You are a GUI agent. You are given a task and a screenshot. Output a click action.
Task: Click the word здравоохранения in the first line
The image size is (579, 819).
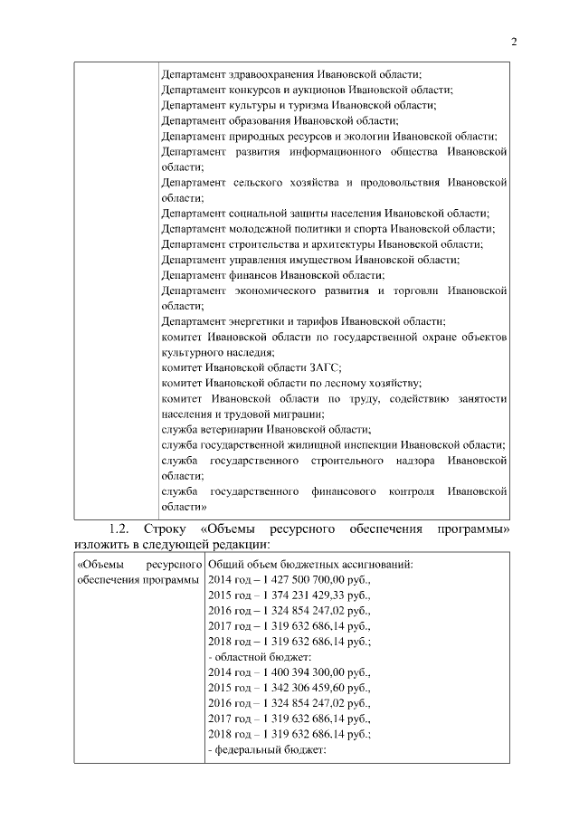click(x=275, y=73)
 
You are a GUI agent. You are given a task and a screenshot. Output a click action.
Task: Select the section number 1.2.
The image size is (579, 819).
click(x=121, y=528)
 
